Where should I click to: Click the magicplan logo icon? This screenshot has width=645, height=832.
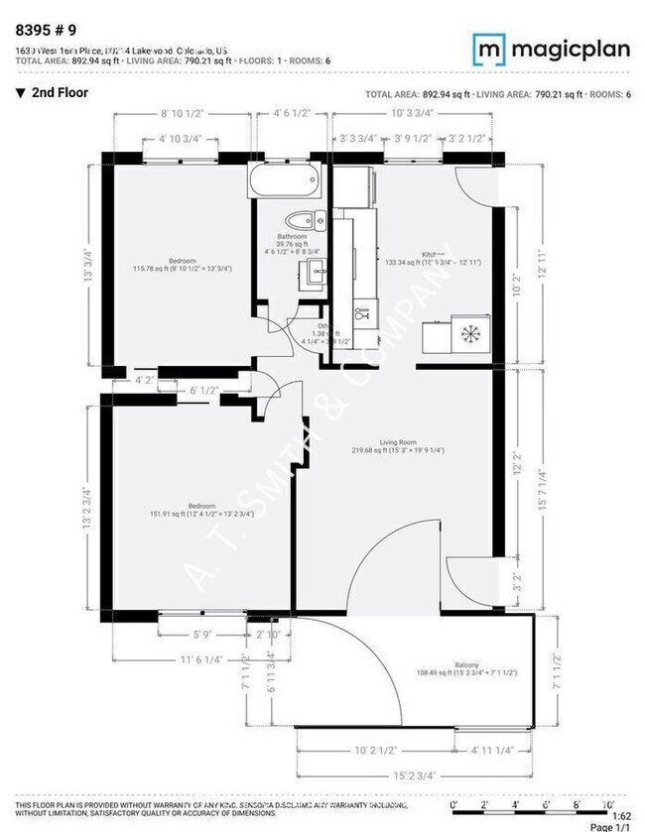coord(485,47)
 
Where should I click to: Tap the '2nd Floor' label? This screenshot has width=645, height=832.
coord(60,93)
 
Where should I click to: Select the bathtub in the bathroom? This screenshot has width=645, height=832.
coord(286,181)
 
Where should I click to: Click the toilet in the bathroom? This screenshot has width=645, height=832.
coord(299,220)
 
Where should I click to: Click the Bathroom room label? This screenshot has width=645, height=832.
coord(293,237)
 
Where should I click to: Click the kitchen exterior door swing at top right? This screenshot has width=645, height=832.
coord(474,183)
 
